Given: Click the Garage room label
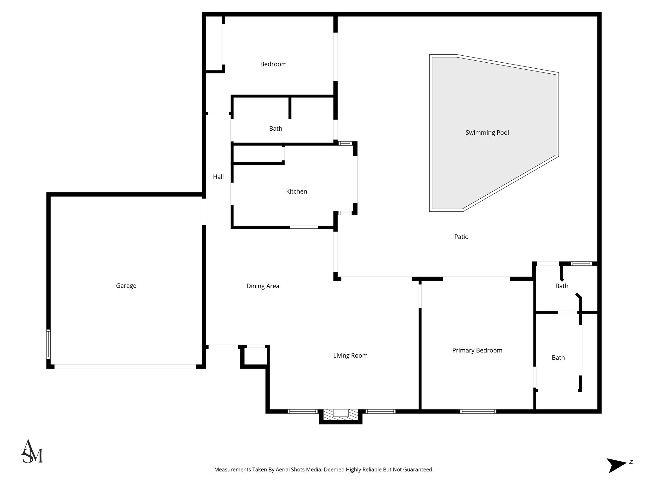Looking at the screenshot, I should tap(126, 286).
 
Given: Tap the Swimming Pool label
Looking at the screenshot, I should tap(487, 133).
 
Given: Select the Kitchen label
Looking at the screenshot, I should tap(296, 191).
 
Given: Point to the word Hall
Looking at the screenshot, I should tap(218, 177).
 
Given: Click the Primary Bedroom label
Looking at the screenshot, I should tap(477, 350).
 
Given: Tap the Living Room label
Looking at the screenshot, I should tap(350, 356).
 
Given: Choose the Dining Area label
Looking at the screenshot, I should tap(263, 286).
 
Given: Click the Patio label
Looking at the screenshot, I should tap(461, 237).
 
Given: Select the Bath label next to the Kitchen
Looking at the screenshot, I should tap(276, 128).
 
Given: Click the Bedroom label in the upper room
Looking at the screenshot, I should tap(273, 64).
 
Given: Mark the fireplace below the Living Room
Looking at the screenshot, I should tap(340, 415).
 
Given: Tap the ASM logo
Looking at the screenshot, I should tap(32, 452).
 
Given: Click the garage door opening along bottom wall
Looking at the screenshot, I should tap(125, 366).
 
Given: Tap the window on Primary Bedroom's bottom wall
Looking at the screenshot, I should tap(478, 411).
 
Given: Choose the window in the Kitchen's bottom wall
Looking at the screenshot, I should tap(304, 227).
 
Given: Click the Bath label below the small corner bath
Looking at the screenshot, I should tap(558, 358).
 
